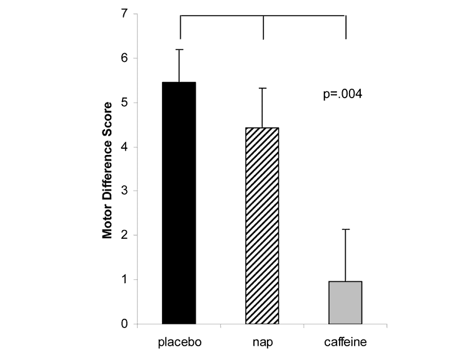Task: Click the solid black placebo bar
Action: [179, 203]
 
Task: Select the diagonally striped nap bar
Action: [263, 226]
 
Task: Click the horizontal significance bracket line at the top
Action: [263, 16]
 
